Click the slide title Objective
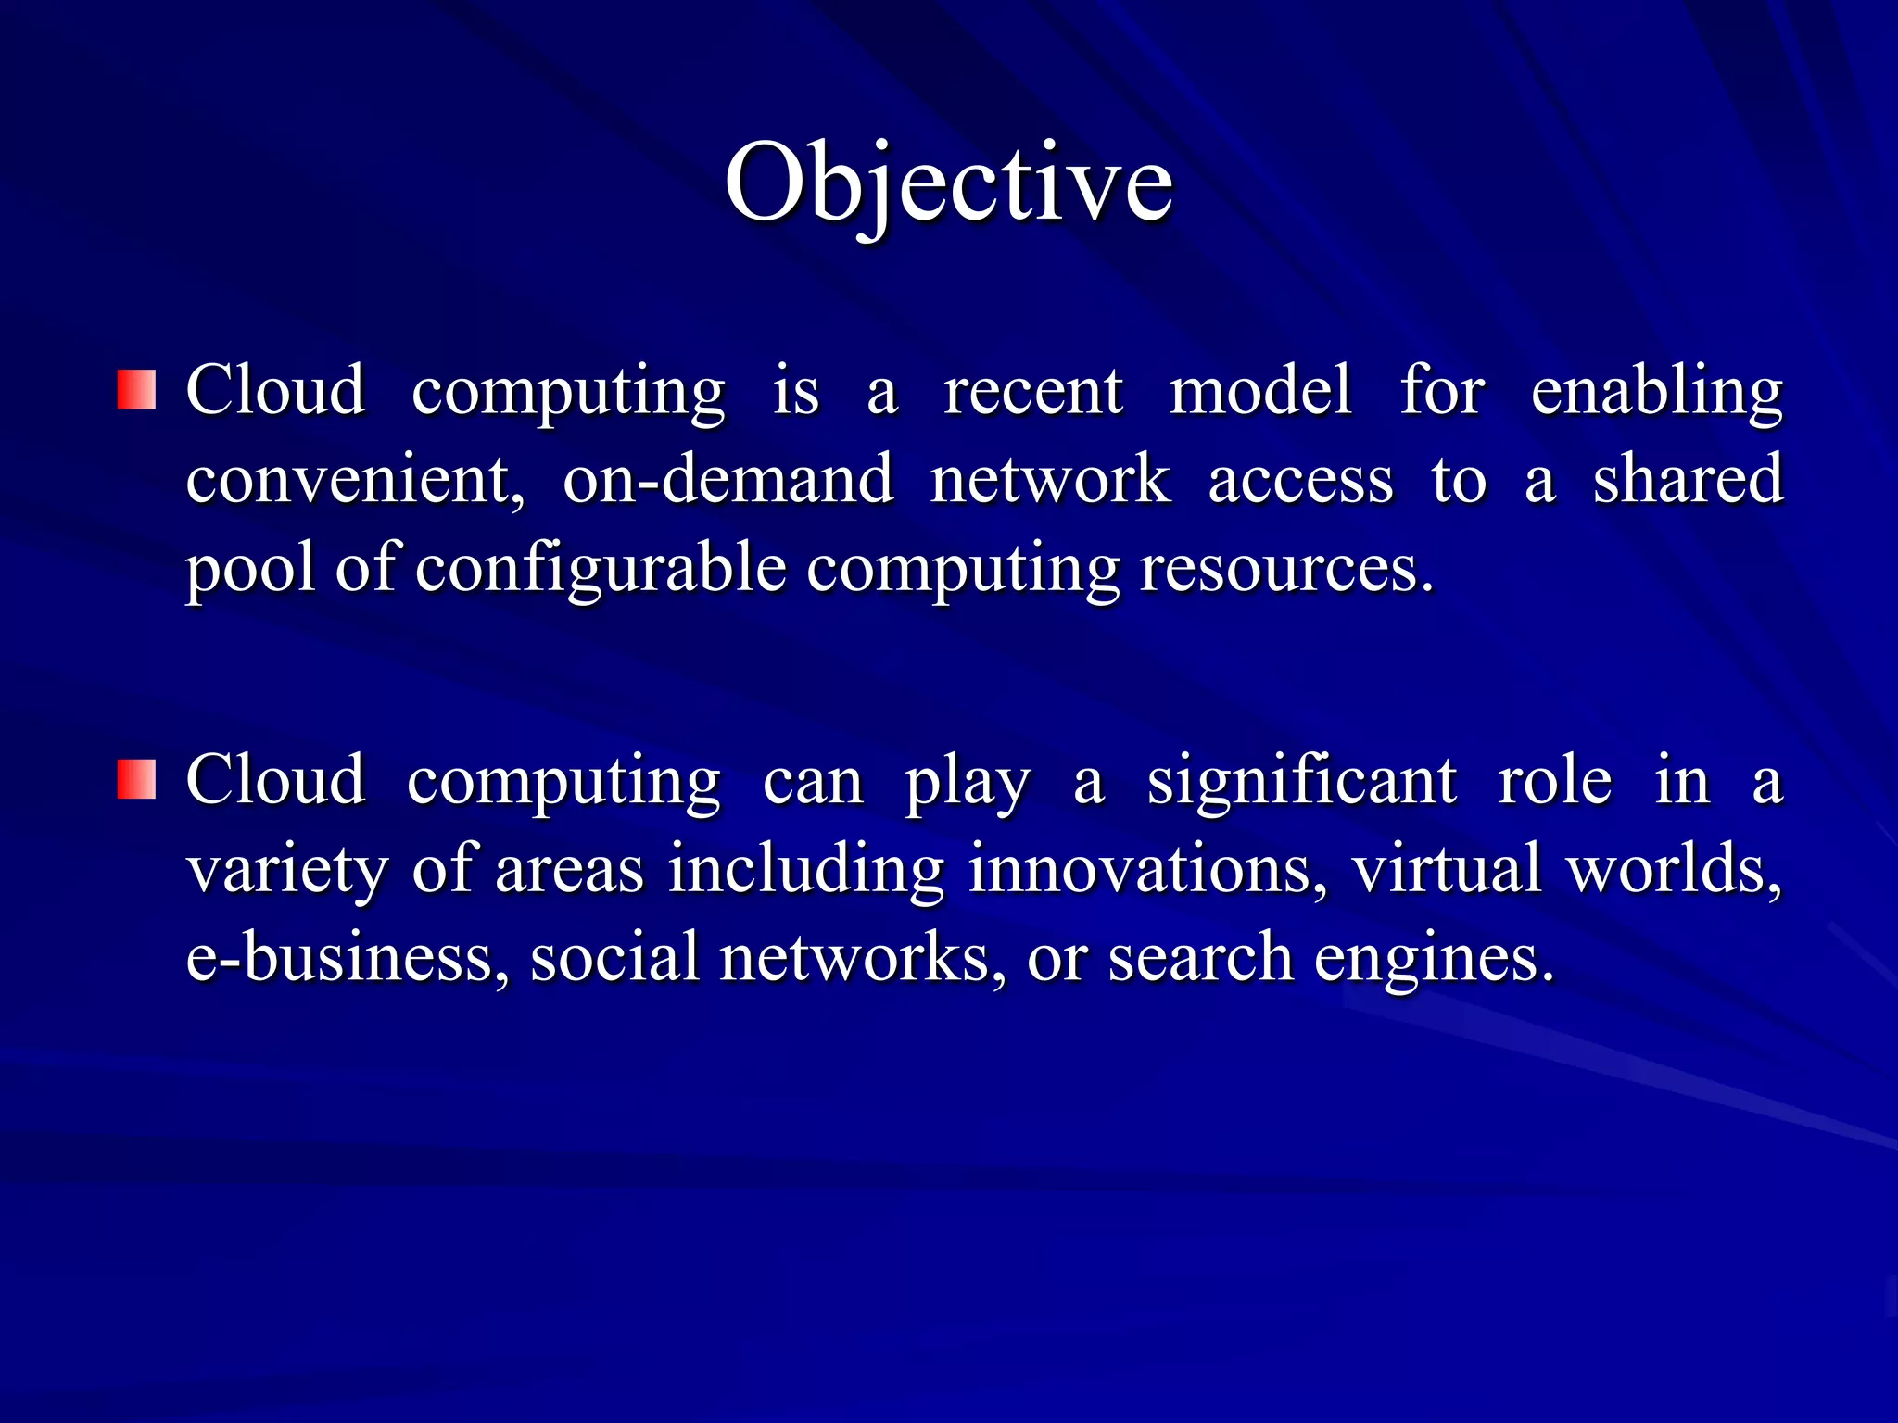[948, 183]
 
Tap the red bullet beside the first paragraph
[136, 390]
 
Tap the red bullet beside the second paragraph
[136, 779]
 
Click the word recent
[1033, 390]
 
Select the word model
[1260, 390]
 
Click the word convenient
[355, 480]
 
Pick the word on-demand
[728, 480]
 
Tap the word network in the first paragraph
[1050, 480]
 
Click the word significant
[1302, 781]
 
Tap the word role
[1554, 781]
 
